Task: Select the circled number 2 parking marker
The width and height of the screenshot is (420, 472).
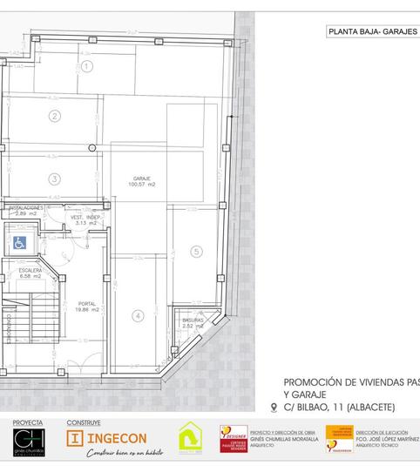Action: tap(54, 116)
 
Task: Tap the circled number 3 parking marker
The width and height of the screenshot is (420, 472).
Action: tap(54, 179)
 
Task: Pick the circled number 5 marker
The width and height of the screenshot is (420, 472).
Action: tap(196, 252)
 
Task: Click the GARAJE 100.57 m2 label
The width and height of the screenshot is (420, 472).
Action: tap(141, 181)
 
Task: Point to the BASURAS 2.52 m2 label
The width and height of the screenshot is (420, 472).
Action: tap(193, 323)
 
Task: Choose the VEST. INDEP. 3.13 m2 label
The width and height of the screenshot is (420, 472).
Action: tap(86, 219)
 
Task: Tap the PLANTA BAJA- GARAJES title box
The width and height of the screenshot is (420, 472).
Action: tap(372, 33)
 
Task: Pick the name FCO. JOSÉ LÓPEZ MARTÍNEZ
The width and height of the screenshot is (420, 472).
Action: tap(386, 438)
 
